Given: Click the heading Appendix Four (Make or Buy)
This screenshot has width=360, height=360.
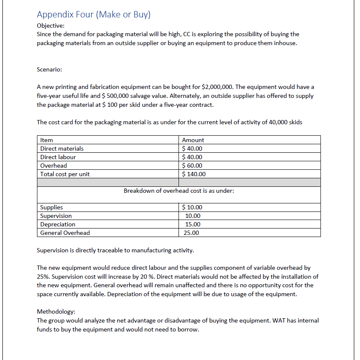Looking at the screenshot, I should click(x=94, y=14).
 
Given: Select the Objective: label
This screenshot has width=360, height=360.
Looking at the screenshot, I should click(x=51, y=26).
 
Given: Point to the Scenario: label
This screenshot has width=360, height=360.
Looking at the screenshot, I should click(x=49, y=69).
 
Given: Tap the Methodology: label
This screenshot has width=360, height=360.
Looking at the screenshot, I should click(x=56, y=311).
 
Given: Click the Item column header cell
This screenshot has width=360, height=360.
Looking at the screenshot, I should click(x=46, y=140).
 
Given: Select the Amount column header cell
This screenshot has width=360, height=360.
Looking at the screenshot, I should click(x=193, y=140).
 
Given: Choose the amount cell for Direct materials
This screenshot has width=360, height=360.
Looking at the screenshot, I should click(x=192, y=149).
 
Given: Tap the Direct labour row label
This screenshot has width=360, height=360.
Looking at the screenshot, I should click(x=58, y=157).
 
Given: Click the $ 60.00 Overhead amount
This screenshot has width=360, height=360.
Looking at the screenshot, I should click(x=192, y=166).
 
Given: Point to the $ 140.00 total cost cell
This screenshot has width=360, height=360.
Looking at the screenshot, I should click(x=194, y=174).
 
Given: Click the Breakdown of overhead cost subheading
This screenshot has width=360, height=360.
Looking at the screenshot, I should click(x=179, y=191).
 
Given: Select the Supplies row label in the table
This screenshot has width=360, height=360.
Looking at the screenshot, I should click(x=51, y=207).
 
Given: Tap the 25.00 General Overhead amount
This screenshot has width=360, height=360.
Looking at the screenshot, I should click(x=191, y=233).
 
